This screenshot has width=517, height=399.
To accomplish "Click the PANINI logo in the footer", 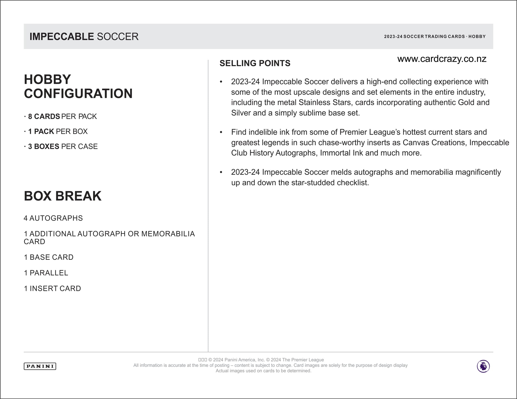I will pyautogui.click(x=40, y=366).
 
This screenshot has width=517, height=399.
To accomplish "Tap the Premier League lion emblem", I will pyautogui.click(x=483, y=366).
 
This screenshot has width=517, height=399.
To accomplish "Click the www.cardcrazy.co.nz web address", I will pyautogui.click(x=442, y=59).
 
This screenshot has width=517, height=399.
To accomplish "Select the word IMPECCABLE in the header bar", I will pyautogui.click(x=62, y=37).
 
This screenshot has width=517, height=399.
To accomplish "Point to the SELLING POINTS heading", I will pyautogui.click(x=255, y=63).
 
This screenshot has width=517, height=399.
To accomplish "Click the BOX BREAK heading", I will pyautogui.click(x=63, y=196).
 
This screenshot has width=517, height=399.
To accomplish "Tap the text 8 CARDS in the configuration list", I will pyautogui.click(x=44, y=117).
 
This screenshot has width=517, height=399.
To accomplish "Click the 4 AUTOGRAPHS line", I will pyautogui.click(x=53, y=218).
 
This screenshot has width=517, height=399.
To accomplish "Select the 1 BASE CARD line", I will pyautogui.click(x=49, y=257).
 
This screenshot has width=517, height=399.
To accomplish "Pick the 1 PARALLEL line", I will pyautogui.click(x=46, y=273).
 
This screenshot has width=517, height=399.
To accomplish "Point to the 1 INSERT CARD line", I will pyautogui.click(x=53, y=289).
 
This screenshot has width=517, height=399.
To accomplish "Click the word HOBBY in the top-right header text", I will pyautogui.click(x=477, y=37).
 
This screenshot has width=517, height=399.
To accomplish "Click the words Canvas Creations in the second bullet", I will pyautogui.click(x=435, y=142).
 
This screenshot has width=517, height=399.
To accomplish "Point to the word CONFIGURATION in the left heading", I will pyautogui.click(x=78, y=94).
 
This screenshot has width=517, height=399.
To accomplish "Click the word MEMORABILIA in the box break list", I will pyautogui.click(x=168, y=234).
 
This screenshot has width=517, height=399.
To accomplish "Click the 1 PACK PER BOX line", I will pyautogui.click(x=58, y=131).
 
